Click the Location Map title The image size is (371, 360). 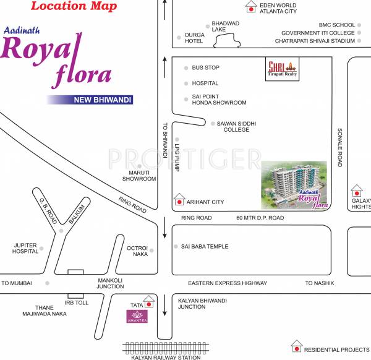click(x=67, y=7)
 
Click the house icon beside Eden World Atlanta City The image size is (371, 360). click(x=250, y=7)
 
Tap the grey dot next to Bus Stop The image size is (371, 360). click(x=185, y=67)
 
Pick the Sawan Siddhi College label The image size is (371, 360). click(x=236, y=127)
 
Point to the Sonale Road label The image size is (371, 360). click(x=339, y=148)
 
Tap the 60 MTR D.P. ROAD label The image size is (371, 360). click(x=260, y=218)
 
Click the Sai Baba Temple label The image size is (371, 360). click(x=205, y=247)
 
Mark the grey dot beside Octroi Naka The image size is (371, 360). click(x=152, y=251)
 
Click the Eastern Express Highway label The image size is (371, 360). click(x=228, y=283)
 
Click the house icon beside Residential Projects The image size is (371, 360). click(x=297, y=346)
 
